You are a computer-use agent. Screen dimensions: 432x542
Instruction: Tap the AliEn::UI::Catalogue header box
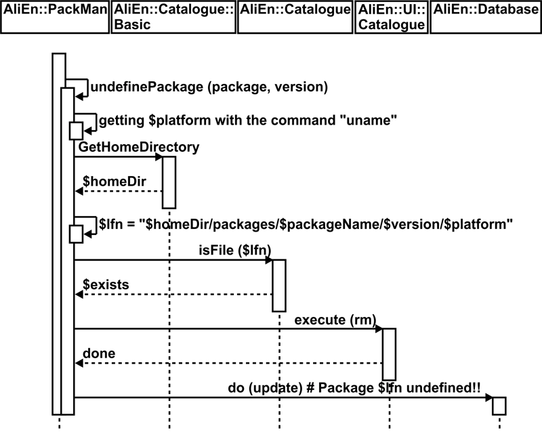[x=390, y=18]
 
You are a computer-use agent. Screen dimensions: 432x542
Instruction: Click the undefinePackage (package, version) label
[x=209, y=87]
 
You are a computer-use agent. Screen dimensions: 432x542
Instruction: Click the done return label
[x=99, y=353]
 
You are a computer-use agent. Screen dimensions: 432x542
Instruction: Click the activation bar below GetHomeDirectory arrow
[x=169, y=182]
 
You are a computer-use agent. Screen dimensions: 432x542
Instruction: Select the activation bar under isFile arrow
[x=279, y=285]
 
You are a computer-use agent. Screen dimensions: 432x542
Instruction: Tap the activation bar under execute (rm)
[x=389, y=353]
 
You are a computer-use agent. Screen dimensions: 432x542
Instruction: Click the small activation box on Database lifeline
[x=499, y=405]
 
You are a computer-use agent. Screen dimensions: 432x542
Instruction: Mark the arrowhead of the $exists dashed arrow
[x=79, y=295]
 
